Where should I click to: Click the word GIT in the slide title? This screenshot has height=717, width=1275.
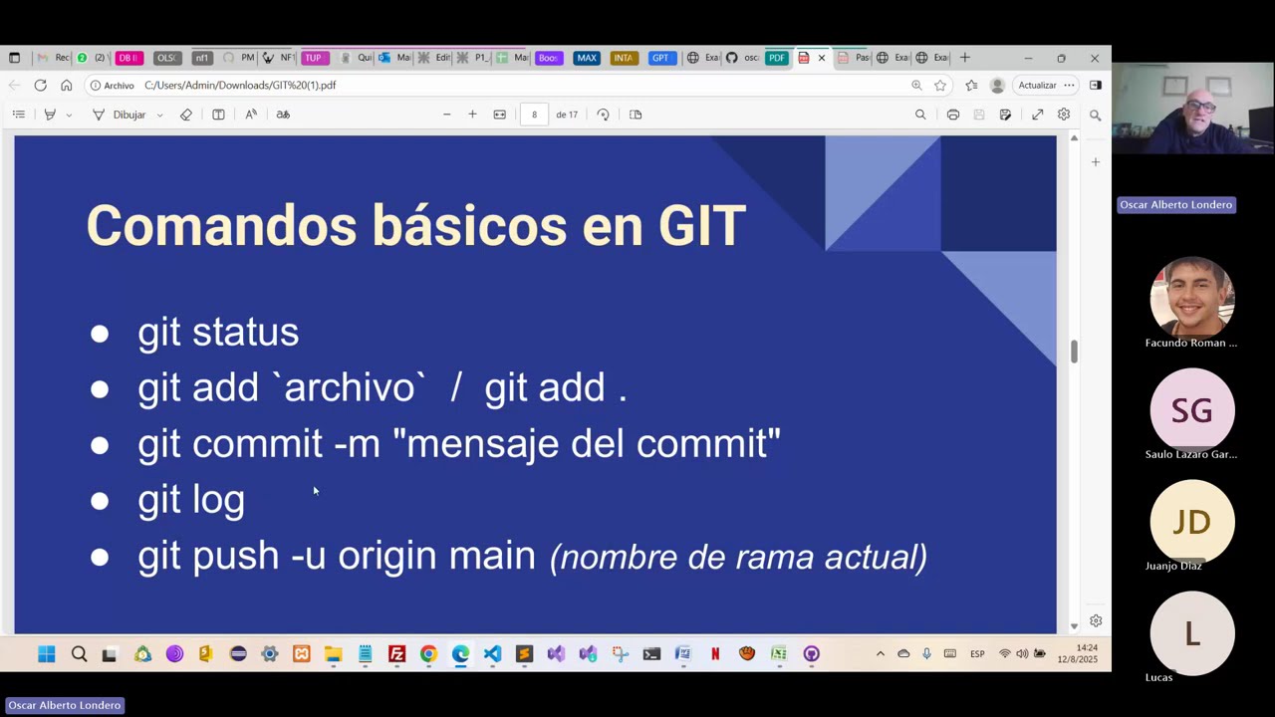pyautogui.click(x=701, y=225)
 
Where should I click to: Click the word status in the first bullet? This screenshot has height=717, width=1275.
pyautogui.click(x=245, y=333)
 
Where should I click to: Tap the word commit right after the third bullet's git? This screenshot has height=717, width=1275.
pyautogui.click(x=257, y=444)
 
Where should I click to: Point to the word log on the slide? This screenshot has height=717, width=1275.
pyautogui.click(x=218, y=500)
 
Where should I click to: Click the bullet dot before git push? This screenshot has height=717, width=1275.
pyautogui.click(x=100, y=557)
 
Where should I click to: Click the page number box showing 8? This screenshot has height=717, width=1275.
pyautogui.click(x=534, y=115)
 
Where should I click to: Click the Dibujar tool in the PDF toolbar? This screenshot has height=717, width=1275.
pyautogui.click(x=128, y=115)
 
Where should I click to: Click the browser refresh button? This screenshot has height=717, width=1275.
pyautogui.click(x=41, y=86)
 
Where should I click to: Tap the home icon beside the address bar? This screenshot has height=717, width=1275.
pyautogui.click(x=67, y=86)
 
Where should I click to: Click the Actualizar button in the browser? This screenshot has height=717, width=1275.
pyautogui.click(x=1037, y=86)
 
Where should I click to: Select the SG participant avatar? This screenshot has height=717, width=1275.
pyautogui.click(x=1191, y=410)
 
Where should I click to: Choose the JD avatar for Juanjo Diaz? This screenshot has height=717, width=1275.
pyautogui.click(x=1191, y=522)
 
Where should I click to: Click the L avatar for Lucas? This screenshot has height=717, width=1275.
pyautogui.click(x=1191, y=633)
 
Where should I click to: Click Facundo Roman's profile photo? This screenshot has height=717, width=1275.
pyautogui.click(x=1191, y=298)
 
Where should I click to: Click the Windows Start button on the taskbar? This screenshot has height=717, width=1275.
pyautogui.click(x=47, y=654)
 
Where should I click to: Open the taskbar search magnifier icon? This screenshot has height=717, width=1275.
pyautogui.click(x=79, y=654)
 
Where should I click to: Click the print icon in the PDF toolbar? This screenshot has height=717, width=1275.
pyautogui.click(x=953, y=115)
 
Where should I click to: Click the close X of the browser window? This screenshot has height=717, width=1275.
pyautogui.click(x=1094, y=58)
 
